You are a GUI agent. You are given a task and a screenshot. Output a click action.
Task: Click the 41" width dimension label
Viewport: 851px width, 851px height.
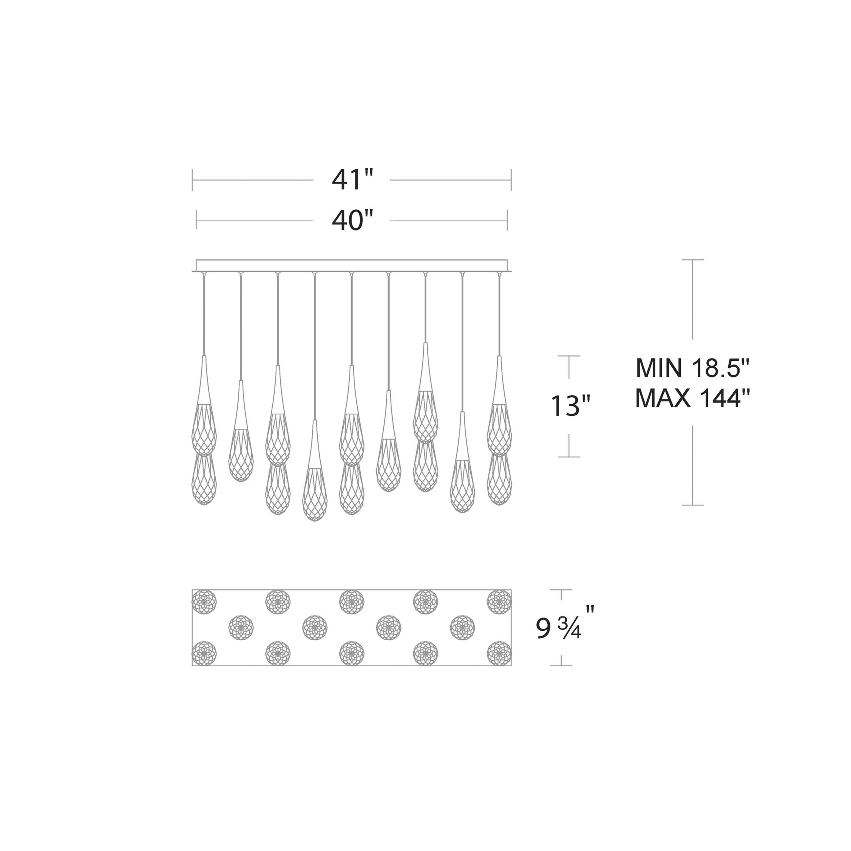352,180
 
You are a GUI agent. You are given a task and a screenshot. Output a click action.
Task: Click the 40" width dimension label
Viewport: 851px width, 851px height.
352,220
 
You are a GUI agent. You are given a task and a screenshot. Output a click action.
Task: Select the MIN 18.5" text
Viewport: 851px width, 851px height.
692,368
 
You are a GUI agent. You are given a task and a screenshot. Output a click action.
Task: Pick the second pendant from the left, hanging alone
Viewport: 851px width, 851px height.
241,440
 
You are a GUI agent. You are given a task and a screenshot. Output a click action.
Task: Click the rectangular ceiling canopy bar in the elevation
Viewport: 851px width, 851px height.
351,266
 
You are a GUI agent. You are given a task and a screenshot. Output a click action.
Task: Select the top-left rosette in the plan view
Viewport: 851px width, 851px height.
204,602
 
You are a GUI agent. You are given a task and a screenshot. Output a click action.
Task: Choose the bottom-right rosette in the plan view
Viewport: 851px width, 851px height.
499,653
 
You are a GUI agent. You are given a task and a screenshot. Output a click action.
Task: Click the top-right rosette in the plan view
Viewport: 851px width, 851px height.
499,602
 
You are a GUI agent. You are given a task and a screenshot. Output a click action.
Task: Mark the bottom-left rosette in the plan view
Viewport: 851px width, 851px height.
204,653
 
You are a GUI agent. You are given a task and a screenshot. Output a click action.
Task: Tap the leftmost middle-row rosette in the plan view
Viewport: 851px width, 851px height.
241,628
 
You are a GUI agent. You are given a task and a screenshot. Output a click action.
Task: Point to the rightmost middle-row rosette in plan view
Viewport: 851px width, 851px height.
462,628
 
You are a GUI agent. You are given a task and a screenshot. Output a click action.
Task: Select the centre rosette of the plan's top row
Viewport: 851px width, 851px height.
351,602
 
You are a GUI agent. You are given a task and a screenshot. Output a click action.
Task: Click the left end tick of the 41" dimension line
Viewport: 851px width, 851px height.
192,180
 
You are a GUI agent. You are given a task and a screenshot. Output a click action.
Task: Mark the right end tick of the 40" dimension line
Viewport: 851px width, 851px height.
507,220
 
